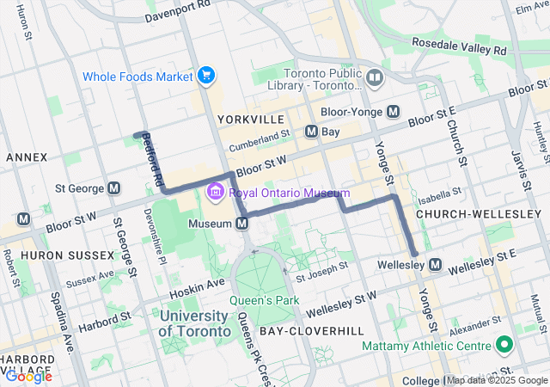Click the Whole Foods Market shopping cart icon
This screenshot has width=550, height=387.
[x=205, y=77]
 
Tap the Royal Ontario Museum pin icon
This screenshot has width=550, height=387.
[x=214, y=193]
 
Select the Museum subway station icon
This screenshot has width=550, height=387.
[x=243, y=224]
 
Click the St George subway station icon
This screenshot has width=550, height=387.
[x=114, y=187]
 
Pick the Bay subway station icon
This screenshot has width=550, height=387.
[x=312, y=132]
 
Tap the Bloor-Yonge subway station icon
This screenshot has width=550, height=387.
[x=394, y=111]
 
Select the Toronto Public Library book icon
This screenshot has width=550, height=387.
[x=374, y=79]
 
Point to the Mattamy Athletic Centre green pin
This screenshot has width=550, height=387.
[x=504, y=347]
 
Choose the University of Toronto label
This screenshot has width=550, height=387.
[x=195, y=323]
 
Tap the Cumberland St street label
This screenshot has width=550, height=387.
[x=266, y=138]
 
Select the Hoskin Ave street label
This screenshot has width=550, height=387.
[x=201, y=282]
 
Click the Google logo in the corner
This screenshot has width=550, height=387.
[x=27, y=376]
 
